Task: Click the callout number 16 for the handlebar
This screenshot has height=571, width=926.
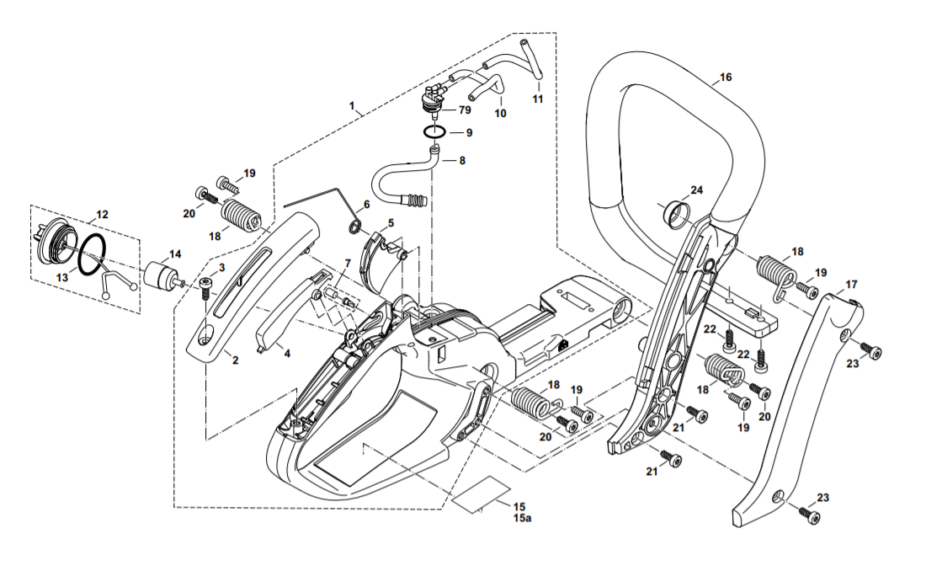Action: click(x=726, y=77)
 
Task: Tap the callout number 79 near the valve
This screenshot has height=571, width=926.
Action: click(x=465, y=110)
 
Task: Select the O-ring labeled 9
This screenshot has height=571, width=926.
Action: click(x=434, y=133)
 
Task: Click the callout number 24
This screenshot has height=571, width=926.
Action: click(x=697, y=190)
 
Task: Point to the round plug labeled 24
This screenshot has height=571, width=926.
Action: click(x=675, y=216)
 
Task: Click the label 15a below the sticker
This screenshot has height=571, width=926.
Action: click(x=523, y=519)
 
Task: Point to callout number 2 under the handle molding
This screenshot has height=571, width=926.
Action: click(x=235, y=360)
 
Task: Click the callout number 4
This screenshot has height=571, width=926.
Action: click(x=287, y=354)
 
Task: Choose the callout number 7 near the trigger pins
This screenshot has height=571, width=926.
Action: click(x=345, y=264)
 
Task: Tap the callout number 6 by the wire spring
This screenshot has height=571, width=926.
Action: click(x=366, y=205)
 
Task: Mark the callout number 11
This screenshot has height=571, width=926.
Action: click(x=537, y=99)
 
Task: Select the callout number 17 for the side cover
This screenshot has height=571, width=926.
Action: click(x=851, y=284)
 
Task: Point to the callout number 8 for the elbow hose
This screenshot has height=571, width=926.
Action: click(x=461, y=159)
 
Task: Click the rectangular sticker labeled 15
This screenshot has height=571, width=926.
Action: click(x=482, y=494)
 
